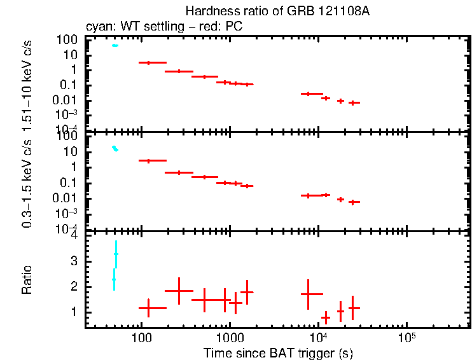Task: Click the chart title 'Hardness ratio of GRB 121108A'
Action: tap(277, 11)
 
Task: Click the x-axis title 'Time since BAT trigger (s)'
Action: tap(277, 352)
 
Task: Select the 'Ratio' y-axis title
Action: tap(27, 280)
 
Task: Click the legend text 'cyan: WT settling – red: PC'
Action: tap(163, 27)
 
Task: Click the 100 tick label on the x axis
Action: tap(141, 336)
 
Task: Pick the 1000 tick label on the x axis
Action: tap(229, 336)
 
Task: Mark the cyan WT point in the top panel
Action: tap(115, 45)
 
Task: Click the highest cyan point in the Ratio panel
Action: tap(116, 254)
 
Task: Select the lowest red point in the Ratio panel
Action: tap(326, 317)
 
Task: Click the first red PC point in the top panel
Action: tap(148, 62)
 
